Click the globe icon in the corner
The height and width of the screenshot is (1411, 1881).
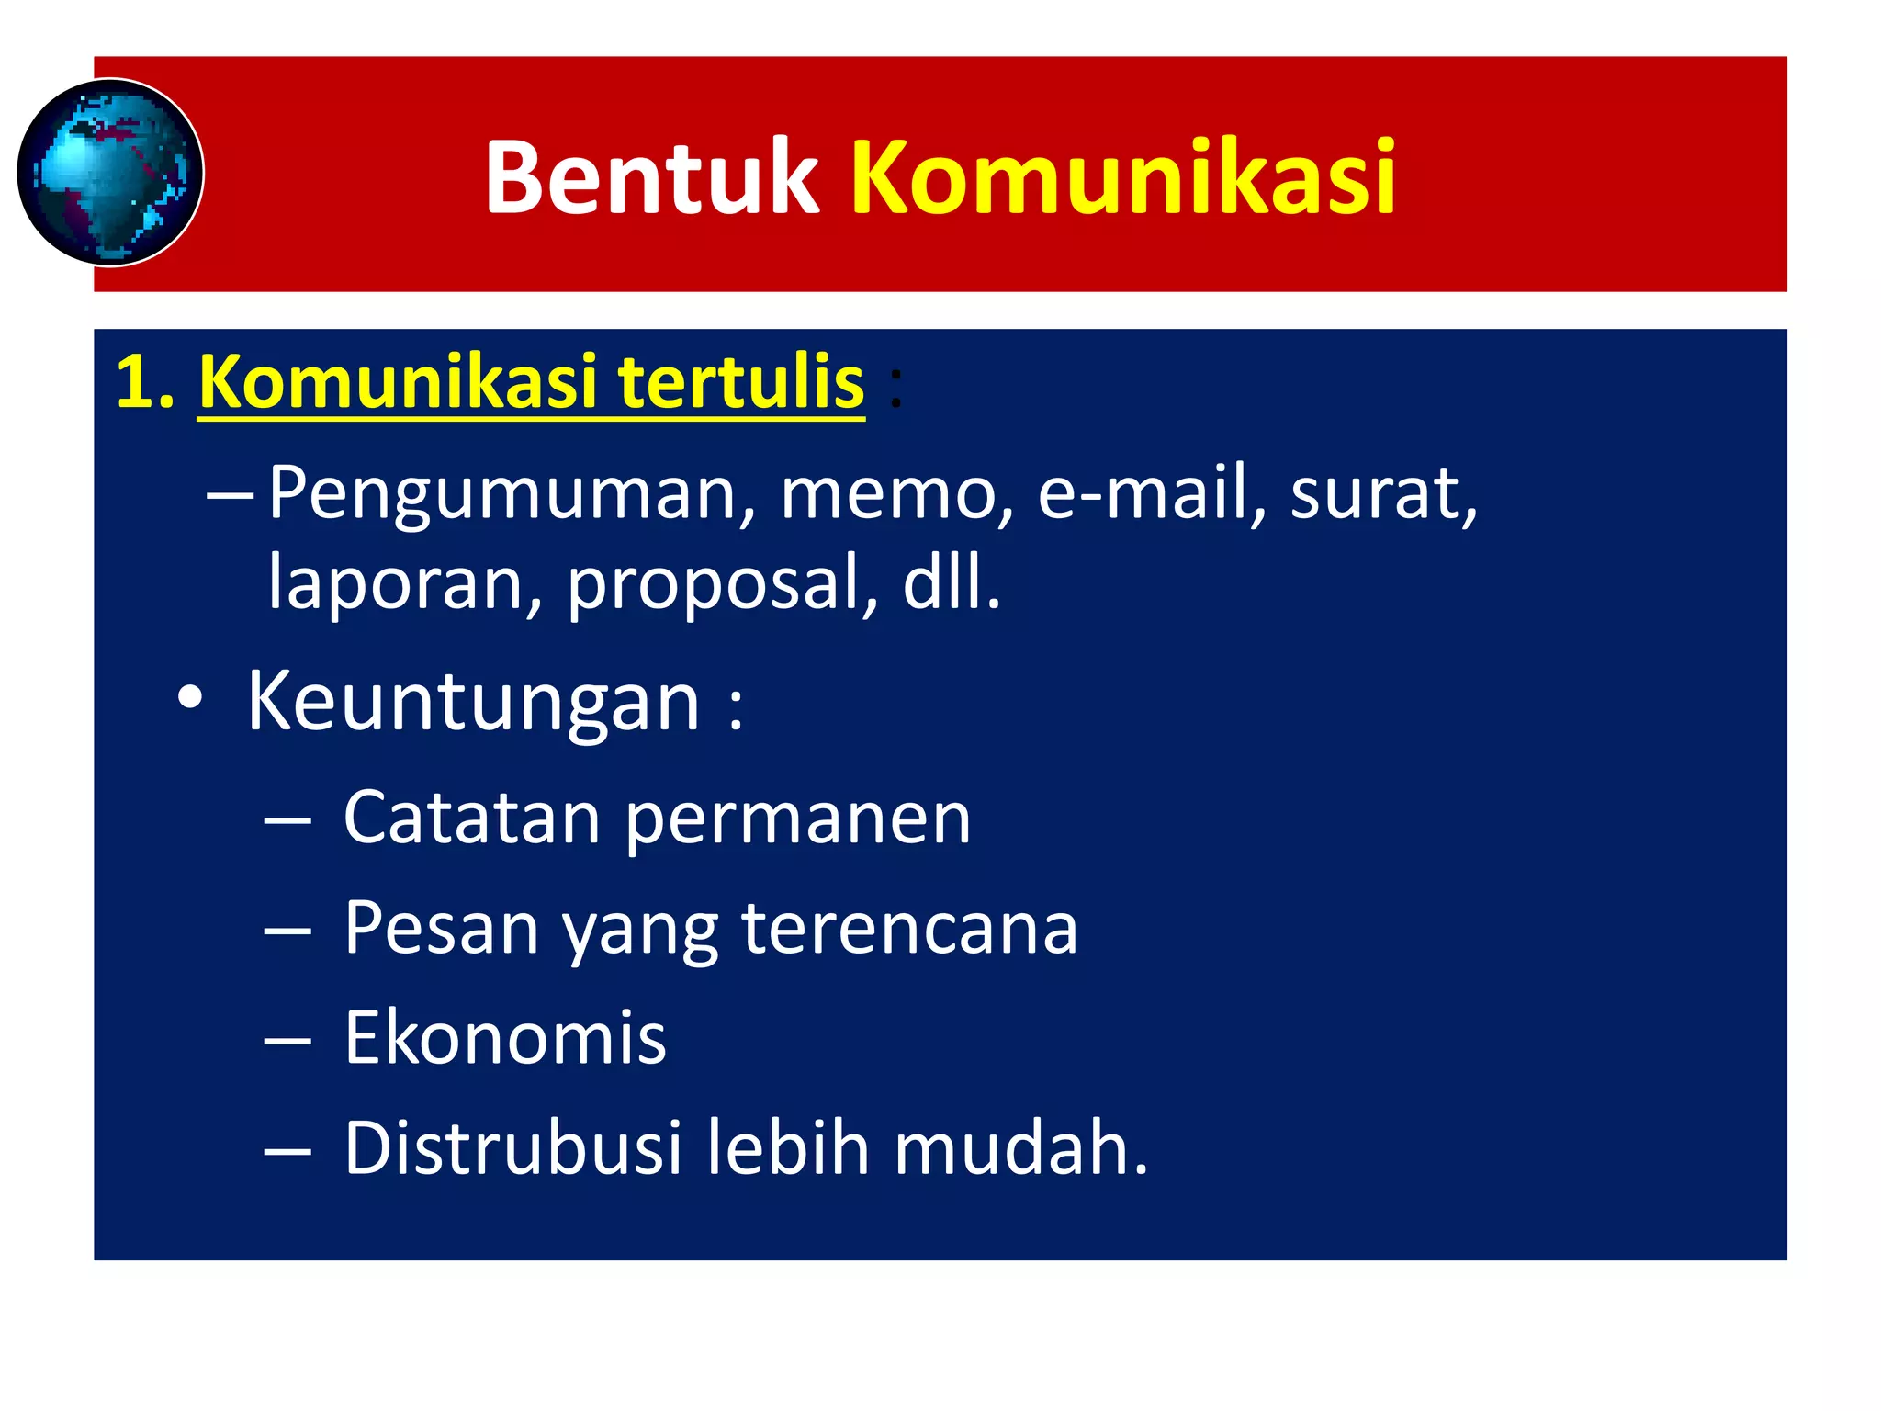tap(110, 173)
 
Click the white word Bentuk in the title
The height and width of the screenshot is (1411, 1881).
tap(651, 176)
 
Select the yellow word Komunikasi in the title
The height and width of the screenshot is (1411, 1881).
tap(1122, 176)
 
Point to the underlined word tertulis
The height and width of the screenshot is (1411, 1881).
tap(740, 381)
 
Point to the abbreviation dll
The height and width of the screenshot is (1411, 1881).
tap(951, 582)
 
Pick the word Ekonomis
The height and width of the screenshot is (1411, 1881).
tap(505, 1038)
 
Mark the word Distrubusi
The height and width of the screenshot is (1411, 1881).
tap(512, 1148)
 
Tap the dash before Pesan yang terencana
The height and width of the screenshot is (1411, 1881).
tap(287, 931)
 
